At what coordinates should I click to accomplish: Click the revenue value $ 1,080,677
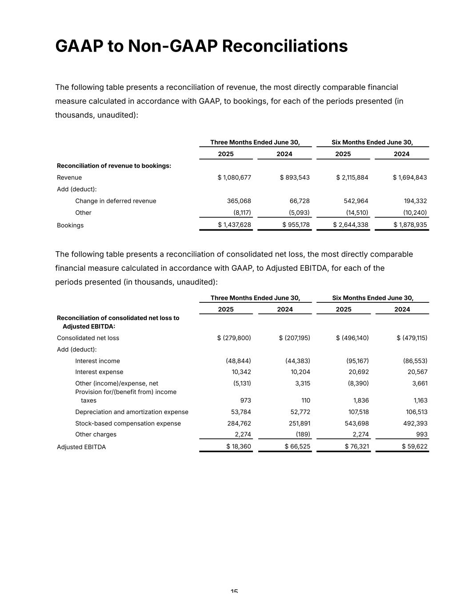pyautogui.click(x=234, y=177)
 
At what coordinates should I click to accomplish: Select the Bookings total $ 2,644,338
pyautogui.click(x=351, y=225)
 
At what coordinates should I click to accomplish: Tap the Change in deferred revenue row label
pyautogui.click(x=116, y=201)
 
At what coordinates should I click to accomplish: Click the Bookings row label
pyautogui.click(x=70, y=225)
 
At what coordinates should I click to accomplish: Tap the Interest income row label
pyautogui.click(x=97, y=361)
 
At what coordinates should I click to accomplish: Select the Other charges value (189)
pyautogui.click(x=303, y=434)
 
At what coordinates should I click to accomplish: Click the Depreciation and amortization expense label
pyautogui.click(x=132, y=412)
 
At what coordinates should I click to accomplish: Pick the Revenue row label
pyautogui.click(x=69, y=177)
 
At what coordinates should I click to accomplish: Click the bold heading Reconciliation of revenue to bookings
pyautogui.click(x=114, y=166)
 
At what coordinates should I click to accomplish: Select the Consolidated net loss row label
pyautogui.click(x=88, y=338)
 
